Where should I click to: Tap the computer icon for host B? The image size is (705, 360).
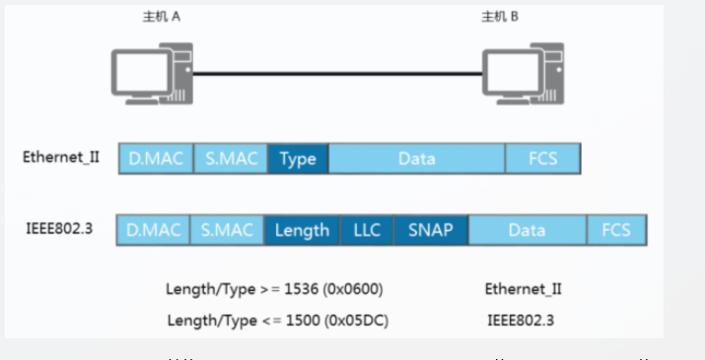point(523,71)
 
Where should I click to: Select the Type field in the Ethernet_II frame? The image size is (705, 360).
point(298,158)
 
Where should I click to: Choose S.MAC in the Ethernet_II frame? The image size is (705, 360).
point(231,158)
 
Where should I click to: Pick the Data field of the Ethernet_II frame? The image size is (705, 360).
point(416,158)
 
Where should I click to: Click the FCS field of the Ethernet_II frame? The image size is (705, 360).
point(542,158)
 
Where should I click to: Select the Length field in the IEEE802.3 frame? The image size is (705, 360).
point(302,230)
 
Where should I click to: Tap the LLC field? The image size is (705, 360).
point(367,230)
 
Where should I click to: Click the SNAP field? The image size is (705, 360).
point(431,230)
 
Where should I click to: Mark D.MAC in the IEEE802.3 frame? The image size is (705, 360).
point(154,230)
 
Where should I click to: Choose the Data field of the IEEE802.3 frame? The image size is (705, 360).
point(527,230)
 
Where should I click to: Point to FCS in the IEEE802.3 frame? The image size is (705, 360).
point(616,230)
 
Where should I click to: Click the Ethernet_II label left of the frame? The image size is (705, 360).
point(62,157)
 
